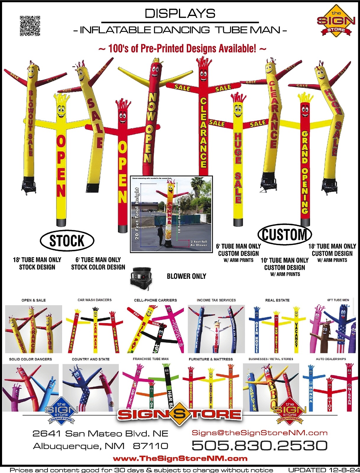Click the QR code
(x=30, y=26)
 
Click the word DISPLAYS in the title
(x=180, y=14)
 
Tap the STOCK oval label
(x=67, y=241)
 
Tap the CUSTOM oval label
(x=285, y=234)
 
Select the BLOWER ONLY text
(x=186, y=276)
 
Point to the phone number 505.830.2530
(x=259, y=446)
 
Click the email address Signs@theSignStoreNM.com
(x=260, y=433)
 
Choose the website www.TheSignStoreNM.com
(x=180, y=459)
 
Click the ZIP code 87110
(x=151, y=446)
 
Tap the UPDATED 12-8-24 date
(x=324, y=470)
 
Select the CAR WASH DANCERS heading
(x=95, y=300)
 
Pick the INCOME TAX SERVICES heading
(x=216, y=300)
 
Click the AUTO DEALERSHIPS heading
(x=331, y=359)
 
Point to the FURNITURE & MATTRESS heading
(x=211, y=359)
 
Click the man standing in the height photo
(x=161, y=235)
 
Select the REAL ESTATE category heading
(x=277, y=300)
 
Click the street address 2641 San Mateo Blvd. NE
(x=100, y=434)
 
